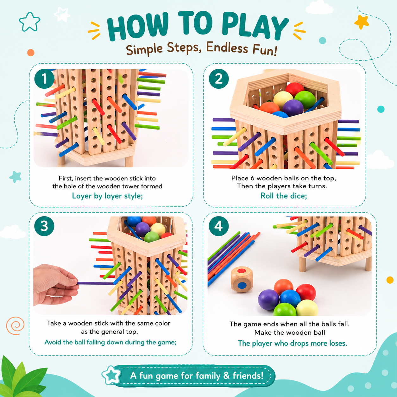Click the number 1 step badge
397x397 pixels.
[44, 79]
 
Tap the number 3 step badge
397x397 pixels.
[44, 226]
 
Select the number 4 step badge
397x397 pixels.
[218, 226]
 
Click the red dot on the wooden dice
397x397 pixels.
[242, 270]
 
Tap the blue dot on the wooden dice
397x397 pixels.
[242, 285]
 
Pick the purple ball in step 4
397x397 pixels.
[268, 299]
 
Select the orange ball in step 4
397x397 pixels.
[283, 288]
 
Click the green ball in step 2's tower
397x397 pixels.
[305, 99]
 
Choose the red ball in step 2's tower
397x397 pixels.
[294, 89]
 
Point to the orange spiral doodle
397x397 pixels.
[15, 325]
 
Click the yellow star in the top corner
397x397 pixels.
[362, 22]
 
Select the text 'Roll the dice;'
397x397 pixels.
[283, 196]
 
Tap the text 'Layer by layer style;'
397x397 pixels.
[107, 196]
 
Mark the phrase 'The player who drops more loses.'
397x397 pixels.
[293, 343]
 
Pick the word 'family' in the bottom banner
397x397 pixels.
[208, 375]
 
